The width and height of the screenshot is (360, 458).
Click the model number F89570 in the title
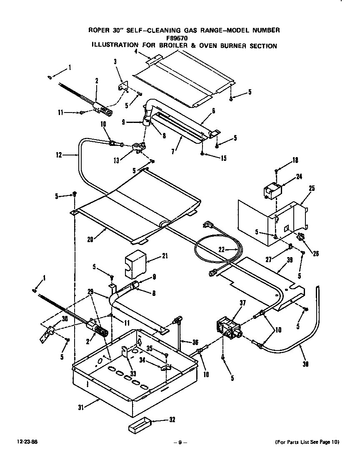(184, 38)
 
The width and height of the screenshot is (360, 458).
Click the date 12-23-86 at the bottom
(26, 442)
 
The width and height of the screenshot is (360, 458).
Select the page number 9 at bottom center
(180, 442)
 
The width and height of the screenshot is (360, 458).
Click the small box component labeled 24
(272, 191)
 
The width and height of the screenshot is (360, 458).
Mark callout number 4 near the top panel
(136, 52)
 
